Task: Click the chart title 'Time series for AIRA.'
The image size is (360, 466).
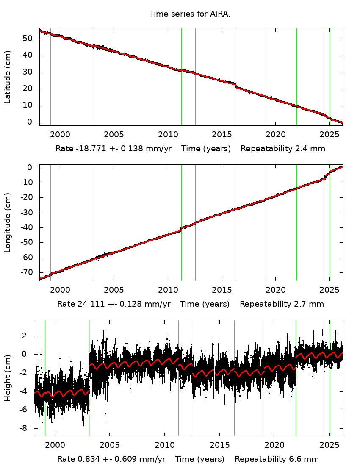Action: pyautogui.click(x=189, y=14)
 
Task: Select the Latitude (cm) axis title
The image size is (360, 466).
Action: pyautogui.click(x=8, y=77)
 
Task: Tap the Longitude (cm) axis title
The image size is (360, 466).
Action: pyautogui.click(x=8, y=223)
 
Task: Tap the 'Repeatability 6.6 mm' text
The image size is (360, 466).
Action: pyautogui.click(x=277, y=459)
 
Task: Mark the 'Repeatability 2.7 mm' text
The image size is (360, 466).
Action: pyautogui.click(x=282, y=304)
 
